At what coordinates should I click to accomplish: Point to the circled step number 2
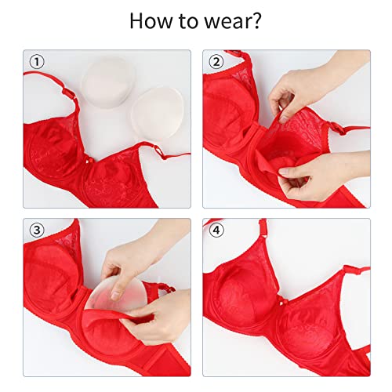(213, 62)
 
